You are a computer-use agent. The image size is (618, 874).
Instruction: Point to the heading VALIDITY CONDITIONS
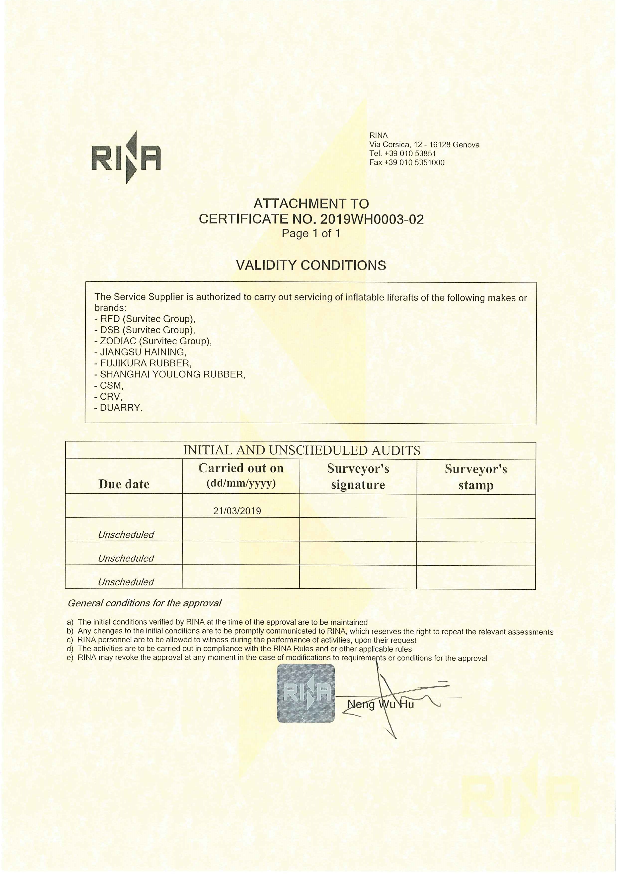pos(311,265)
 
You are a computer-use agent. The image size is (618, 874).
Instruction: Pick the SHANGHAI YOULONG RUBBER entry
pos(172,374)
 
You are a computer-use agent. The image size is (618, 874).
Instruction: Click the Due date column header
pos(124,484)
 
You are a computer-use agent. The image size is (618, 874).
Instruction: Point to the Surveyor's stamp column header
pos(476,477)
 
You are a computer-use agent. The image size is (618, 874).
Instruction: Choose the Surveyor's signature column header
pos(358,477)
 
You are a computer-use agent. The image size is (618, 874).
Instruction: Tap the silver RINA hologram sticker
pos(306,694)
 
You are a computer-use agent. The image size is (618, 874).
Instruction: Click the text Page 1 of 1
pos(311,233)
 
